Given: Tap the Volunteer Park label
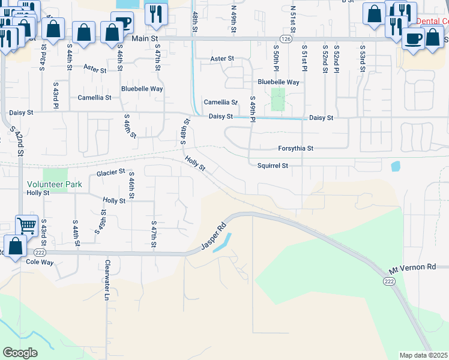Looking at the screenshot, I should (54, 185).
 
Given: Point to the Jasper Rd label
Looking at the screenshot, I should (214, 237).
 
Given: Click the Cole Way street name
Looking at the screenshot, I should (40, 262).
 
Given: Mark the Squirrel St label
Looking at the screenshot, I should (273, 166).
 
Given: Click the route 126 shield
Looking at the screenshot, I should (289, 38).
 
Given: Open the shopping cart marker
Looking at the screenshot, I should (26, 226).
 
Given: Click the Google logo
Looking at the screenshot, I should (20, 353).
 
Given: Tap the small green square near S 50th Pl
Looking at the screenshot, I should (277, 99).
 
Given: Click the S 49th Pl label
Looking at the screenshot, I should (253, 110).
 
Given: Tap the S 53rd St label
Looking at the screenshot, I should (363, 58).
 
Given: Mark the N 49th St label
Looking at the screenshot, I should (234, 19).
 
